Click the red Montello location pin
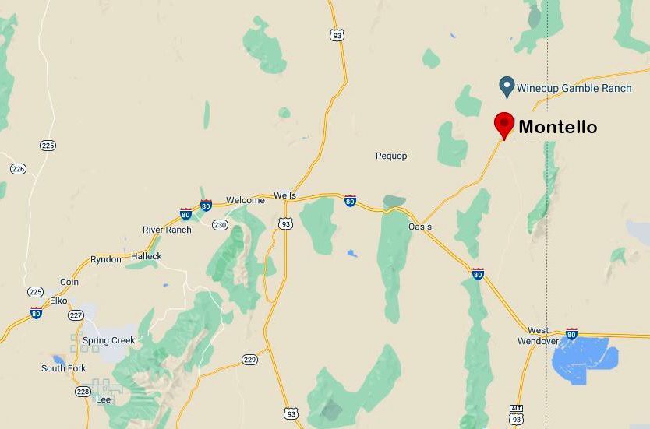tap(504, 124)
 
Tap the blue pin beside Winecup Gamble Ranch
tap(507, 86)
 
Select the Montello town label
tap(557, 127)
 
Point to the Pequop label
tap(391, 156)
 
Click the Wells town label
tap(284, 195)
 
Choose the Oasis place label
tap(420, 227)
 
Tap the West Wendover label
tap(538, 336)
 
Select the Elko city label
tap(58, 301)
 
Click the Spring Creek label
tap(108, 340)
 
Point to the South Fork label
tap(64, 368)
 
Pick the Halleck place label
tap(147, 256)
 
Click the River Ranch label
tap(167, 230)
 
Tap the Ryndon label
tap(106, 259)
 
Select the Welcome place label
tap(246, 200)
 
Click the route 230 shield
tap(221, 225)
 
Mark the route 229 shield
tap(249, 359)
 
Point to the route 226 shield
tap(19, 169)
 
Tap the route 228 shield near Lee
tap(83, 392)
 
